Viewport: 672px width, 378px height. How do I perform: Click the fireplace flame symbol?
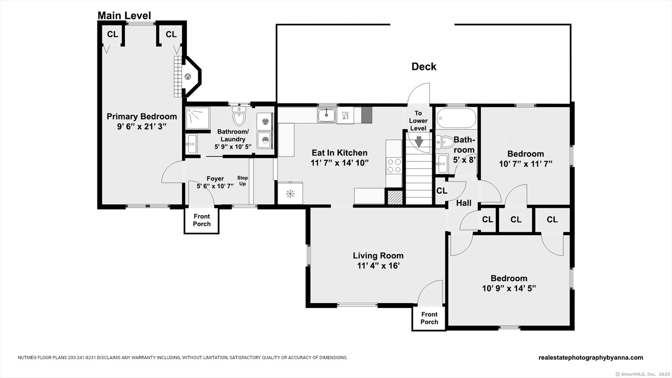(x=187, y=77)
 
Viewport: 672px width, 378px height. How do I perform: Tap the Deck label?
(x=424, y=67)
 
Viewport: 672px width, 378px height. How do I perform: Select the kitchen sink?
(x=326, y=116)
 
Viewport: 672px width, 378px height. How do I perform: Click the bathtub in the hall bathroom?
(x=456, y=118)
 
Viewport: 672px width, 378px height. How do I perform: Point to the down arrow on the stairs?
(x=419, y=141)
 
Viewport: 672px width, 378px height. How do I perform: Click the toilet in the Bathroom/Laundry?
(x=239, y=116)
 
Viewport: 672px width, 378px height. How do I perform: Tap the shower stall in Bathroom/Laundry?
(x=198, y=118)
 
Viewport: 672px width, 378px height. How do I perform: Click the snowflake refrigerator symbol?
(x=290, y=194)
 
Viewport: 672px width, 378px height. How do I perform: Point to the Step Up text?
(x=242, y=181)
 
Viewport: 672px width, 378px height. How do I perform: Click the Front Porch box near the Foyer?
(x=202, y=220)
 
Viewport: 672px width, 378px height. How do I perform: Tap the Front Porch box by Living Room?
(x=429, y=318)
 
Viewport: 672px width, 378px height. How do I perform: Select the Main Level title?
(x=124, y=15)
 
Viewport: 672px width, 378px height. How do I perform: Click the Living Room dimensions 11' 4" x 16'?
(x=378, y=266)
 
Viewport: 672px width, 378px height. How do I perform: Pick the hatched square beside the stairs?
(x=395, y=197)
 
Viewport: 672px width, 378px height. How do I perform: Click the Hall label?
(x=464, y=203)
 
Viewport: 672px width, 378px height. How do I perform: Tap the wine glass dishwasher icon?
(x=345, y=116)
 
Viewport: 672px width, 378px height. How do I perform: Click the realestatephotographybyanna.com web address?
(x=591, y=358)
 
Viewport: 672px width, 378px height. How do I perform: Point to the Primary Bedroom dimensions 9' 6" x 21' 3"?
(x=141, y=127)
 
